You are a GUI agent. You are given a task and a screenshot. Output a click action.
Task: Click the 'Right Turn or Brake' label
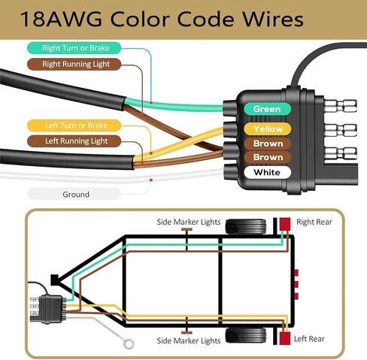pos(74,48)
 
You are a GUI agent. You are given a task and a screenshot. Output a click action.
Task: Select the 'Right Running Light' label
pos(74,64)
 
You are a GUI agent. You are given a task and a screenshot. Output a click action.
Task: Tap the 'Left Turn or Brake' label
pos(74,126)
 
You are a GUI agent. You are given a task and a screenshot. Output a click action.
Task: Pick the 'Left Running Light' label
pos(74,141)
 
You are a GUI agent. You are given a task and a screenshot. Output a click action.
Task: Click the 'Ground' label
pos(74,194)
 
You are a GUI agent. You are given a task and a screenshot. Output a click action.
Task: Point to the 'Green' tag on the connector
pos(267,109)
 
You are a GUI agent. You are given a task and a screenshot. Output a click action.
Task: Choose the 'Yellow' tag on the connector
pos(268,129)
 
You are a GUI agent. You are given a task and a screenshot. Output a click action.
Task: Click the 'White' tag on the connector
pos(267,172)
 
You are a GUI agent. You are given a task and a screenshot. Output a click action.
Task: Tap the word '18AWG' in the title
pos(62,19)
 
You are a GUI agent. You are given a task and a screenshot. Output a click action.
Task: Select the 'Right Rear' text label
pos(314,222)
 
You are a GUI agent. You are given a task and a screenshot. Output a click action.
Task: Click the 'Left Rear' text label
pos(309,339)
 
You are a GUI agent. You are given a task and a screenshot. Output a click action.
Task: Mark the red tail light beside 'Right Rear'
pos(285,224)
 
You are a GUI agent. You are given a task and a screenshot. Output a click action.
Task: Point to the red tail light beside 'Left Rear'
pos(285,338)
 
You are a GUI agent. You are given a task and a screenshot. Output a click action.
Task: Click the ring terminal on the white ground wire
pos(129,344)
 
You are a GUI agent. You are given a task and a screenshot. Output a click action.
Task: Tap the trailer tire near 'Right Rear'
pos(246,226)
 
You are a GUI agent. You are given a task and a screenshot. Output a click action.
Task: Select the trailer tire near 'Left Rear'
pos(246,335)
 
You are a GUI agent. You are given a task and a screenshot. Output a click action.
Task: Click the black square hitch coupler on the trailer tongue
pos(55,280)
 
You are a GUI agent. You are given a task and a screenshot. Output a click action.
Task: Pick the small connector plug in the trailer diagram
pos(50,309)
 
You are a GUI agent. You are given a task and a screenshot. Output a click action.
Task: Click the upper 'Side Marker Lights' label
pos(189,222)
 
